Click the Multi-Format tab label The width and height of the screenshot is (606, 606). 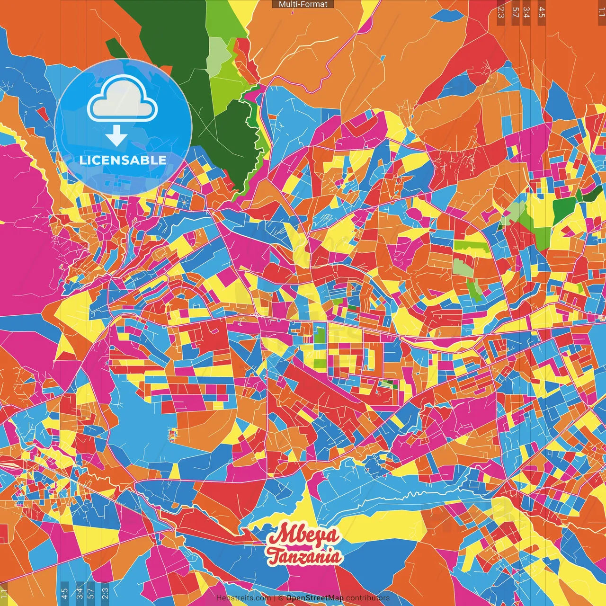coord(303,4)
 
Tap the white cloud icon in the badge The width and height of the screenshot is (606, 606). coord(123,100)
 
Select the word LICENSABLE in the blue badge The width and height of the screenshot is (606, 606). coord(123,160)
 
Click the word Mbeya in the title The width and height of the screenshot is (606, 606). coord(303,535)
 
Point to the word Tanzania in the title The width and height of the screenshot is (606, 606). coord(303,556)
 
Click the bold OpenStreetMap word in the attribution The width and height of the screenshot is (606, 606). coord(314,598)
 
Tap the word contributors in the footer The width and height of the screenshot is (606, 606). coord(367,598)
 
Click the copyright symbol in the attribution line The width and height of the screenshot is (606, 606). coord(280,598)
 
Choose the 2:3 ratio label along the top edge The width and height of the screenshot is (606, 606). coord(501,12)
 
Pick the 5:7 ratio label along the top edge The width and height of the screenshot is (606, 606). coord(515,12)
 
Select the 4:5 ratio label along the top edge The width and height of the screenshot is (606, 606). coord(542,12)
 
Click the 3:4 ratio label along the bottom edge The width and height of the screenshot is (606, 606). coord(79,593)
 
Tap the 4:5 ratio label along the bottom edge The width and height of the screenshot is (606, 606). coord(65,593)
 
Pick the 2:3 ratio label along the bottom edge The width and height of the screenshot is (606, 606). coord(105,593)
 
